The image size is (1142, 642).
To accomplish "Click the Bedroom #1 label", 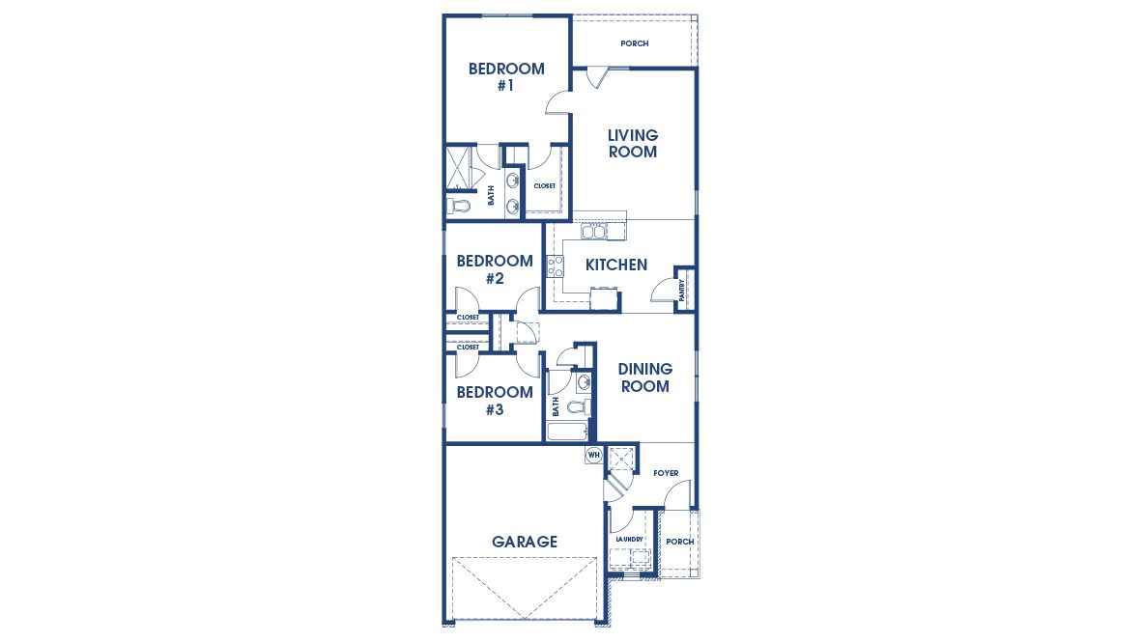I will pyautogui.click(x=506, y=77).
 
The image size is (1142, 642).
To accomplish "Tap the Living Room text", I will pyautogui.click(x=632, y=143).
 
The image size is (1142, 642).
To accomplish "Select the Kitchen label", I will pyautogui.click(x=616, y=265).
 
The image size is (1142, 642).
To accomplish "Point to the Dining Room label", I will pyautogui.click(x=644, y=377).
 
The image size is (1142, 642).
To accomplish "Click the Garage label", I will pyautogui.click(x=525, y=542).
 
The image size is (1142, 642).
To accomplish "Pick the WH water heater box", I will pyautogui.click(x=593, y=455).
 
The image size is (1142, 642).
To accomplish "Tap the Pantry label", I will pyautogui.click(x=683, y=291).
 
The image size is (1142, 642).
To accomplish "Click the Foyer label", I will pyautogui.click(x=666, y=473).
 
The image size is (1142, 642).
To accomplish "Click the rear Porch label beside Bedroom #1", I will pyautogui.click(x=635, y=43).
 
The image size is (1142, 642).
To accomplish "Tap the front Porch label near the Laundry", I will pyautogui.click(x=679, y=542).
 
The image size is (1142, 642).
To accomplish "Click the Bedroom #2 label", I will pyautogui.click(x=495, y=269).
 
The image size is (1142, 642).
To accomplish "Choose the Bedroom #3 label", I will pyautogui.click(x=495, y=401).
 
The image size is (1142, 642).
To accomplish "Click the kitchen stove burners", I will pyautogui.click(x=556, y=266).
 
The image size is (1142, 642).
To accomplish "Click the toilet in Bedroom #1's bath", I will pyautogui.click(x=458, y=206).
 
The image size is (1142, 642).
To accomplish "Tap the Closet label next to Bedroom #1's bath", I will pyautogui.click(x=544, y=185).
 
